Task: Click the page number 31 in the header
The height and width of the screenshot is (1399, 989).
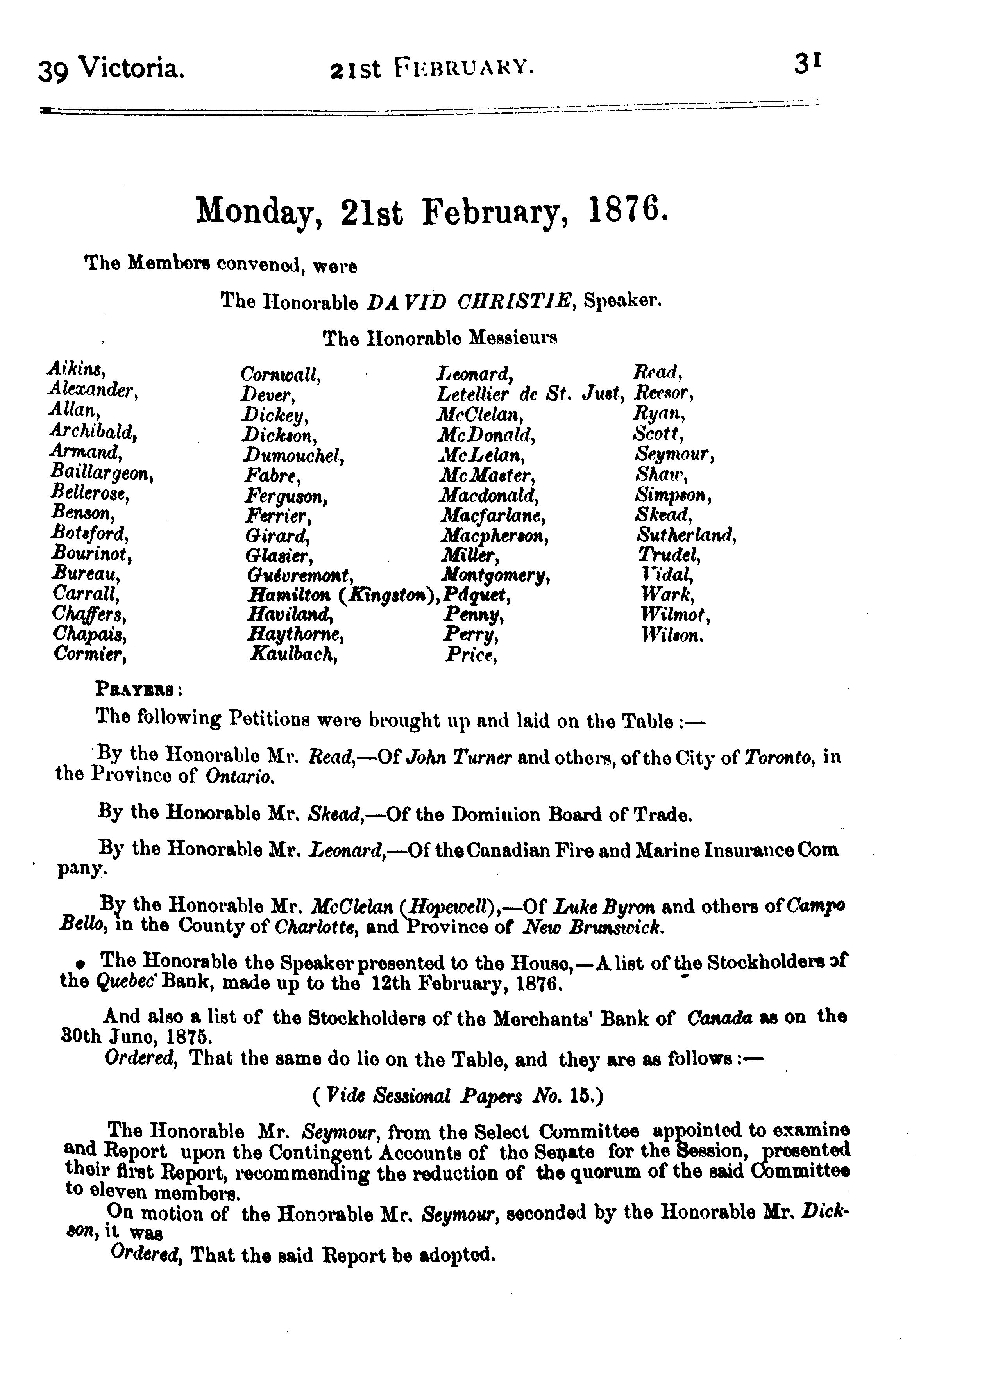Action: tap(808, 63)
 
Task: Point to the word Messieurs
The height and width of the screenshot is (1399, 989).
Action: tap(512, 337)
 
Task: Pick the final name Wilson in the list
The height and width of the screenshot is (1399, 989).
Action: tap(672, 635)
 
